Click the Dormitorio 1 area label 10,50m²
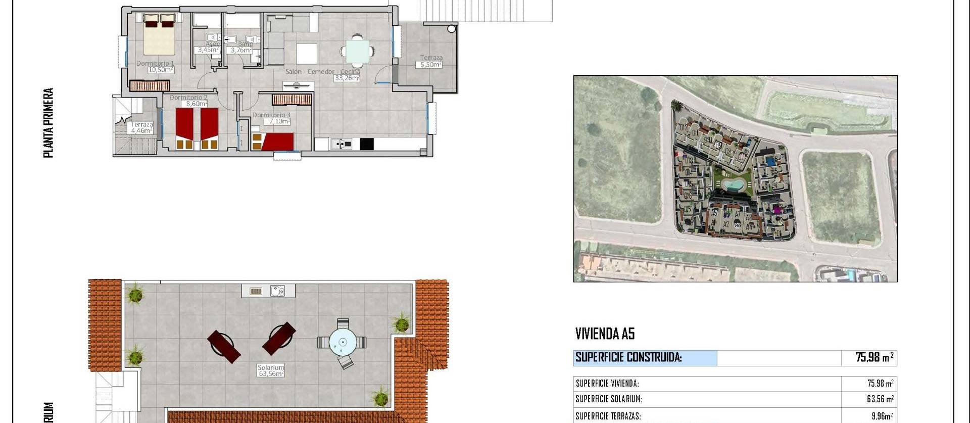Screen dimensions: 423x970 tap(161, 70)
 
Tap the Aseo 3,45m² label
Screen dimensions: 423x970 tap(208, 50)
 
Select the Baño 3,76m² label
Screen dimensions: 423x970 tap(241, 50)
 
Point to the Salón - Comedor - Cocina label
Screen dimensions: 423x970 tap(323, 72)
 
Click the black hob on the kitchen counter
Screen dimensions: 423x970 tap(366, 144)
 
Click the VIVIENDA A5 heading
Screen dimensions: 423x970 tap(605, 334)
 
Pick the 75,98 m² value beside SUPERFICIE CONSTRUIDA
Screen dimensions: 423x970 tap(874, 358)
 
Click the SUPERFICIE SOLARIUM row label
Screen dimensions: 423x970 tap(609, 399)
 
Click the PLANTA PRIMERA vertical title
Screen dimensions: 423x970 tap(48, 123)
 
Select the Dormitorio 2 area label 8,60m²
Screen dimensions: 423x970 tap(197, 104)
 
